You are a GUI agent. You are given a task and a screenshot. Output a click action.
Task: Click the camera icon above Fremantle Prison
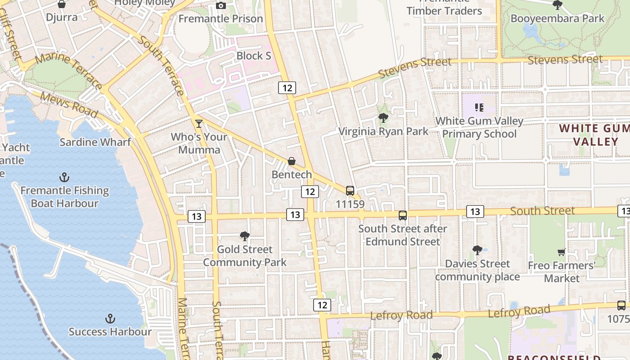tap(221, 5)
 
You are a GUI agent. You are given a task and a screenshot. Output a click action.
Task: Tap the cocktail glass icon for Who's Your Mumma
tap(199, 123)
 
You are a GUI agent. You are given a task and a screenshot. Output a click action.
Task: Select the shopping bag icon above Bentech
tap(292, 161)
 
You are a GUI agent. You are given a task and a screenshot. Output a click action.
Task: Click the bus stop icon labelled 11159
tap(350, 191)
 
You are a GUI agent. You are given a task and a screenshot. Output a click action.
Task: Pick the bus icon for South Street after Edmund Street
tap(403, 216)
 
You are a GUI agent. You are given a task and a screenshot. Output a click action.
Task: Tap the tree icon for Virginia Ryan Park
tap(383, 118)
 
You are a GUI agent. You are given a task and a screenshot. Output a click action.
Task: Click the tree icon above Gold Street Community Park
tap(245, 236)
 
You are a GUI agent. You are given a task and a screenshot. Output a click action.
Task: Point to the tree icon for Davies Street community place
tap(477, 251)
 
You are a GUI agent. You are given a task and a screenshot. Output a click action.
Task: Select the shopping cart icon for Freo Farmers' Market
tap(561, 252)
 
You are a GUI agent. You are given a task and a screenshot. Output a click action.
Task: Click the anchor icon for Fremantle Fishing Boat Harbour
tap(65, 177)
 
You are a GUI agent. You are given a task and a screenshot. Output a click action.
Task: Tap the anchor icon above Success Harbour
tap(110, 319)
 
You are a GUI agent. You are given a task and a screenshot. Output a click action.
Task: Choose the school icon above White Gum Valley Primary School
tap(479, 108)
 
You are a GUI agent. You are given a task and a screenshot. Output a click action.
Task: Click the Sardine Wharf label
tap(95, 142)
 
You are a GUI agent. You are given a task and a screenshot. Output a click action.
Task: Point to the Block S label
tap(254, 56)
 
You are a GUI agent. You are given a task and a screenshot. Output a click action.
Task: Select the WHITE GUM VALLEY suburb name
tap(594, 135)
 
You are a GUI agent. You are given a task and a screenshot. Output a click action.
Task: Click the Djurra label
tap(62, 18)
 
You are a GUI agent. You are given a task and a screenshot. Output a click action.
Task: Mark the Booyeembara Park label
tap(558, 18)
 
